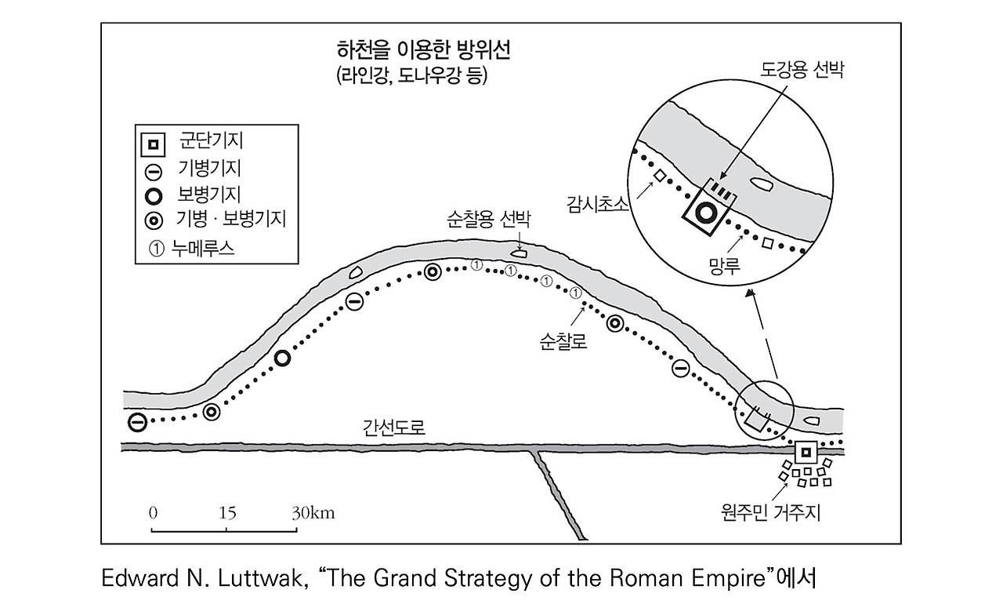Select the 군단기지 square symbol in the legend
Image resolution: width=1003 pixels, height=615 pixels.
(x=154, y=144)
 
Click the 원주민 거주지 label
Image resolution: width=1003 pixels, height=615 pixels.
(x=769, y=514)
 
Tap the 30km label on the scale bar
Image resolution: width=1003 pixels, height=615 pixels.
(x=313, y=513)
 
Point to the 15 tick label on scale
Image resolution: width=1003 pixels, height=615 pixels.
(x=227, y=513)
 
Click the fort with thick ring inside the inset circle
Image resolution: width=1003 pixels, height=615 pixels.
(x=707, y=212)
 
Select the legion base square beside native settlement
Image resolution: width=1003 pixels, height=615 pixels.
(x=804, y=452)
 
